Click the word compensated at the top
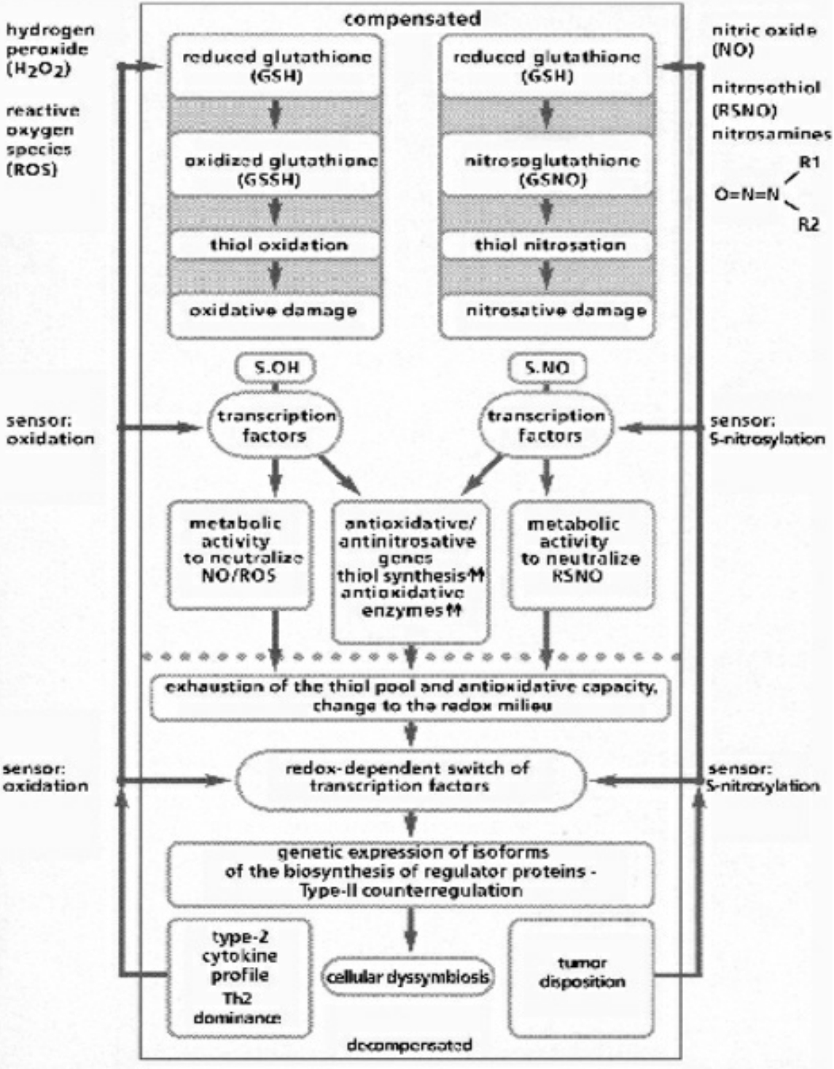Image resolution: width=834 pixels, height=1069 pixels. pos(412,18)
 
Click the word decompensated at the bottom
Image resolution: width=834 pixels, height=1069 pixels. pos(409,1045)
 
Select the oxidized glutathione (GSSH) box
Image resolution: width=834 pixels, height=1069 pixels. pos(276,169)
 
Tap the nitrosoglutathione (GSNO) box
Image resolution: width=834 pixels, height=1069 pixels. pos(547,169)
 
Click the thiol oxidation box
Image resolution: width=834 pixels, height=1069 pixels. pos(276,245)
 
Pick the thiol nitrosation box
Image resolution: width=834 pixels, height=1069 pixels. pos(547,245)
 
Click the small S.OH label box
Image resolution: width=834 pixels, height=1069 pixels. pos(275,369)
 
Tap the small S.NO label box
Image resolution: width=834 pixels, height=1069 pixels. pos(547,369)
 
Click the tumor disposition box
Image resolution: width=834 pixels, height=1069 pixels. pos(581,975)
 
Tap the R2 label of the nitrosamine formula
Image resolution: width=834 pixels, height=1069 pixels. pos(808,224)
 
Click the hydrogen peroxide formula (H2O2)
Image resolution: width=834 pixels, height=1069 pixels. pos(37,70)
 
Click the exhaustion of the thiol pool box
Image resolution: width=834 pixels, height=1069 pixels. pos(410,697)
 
